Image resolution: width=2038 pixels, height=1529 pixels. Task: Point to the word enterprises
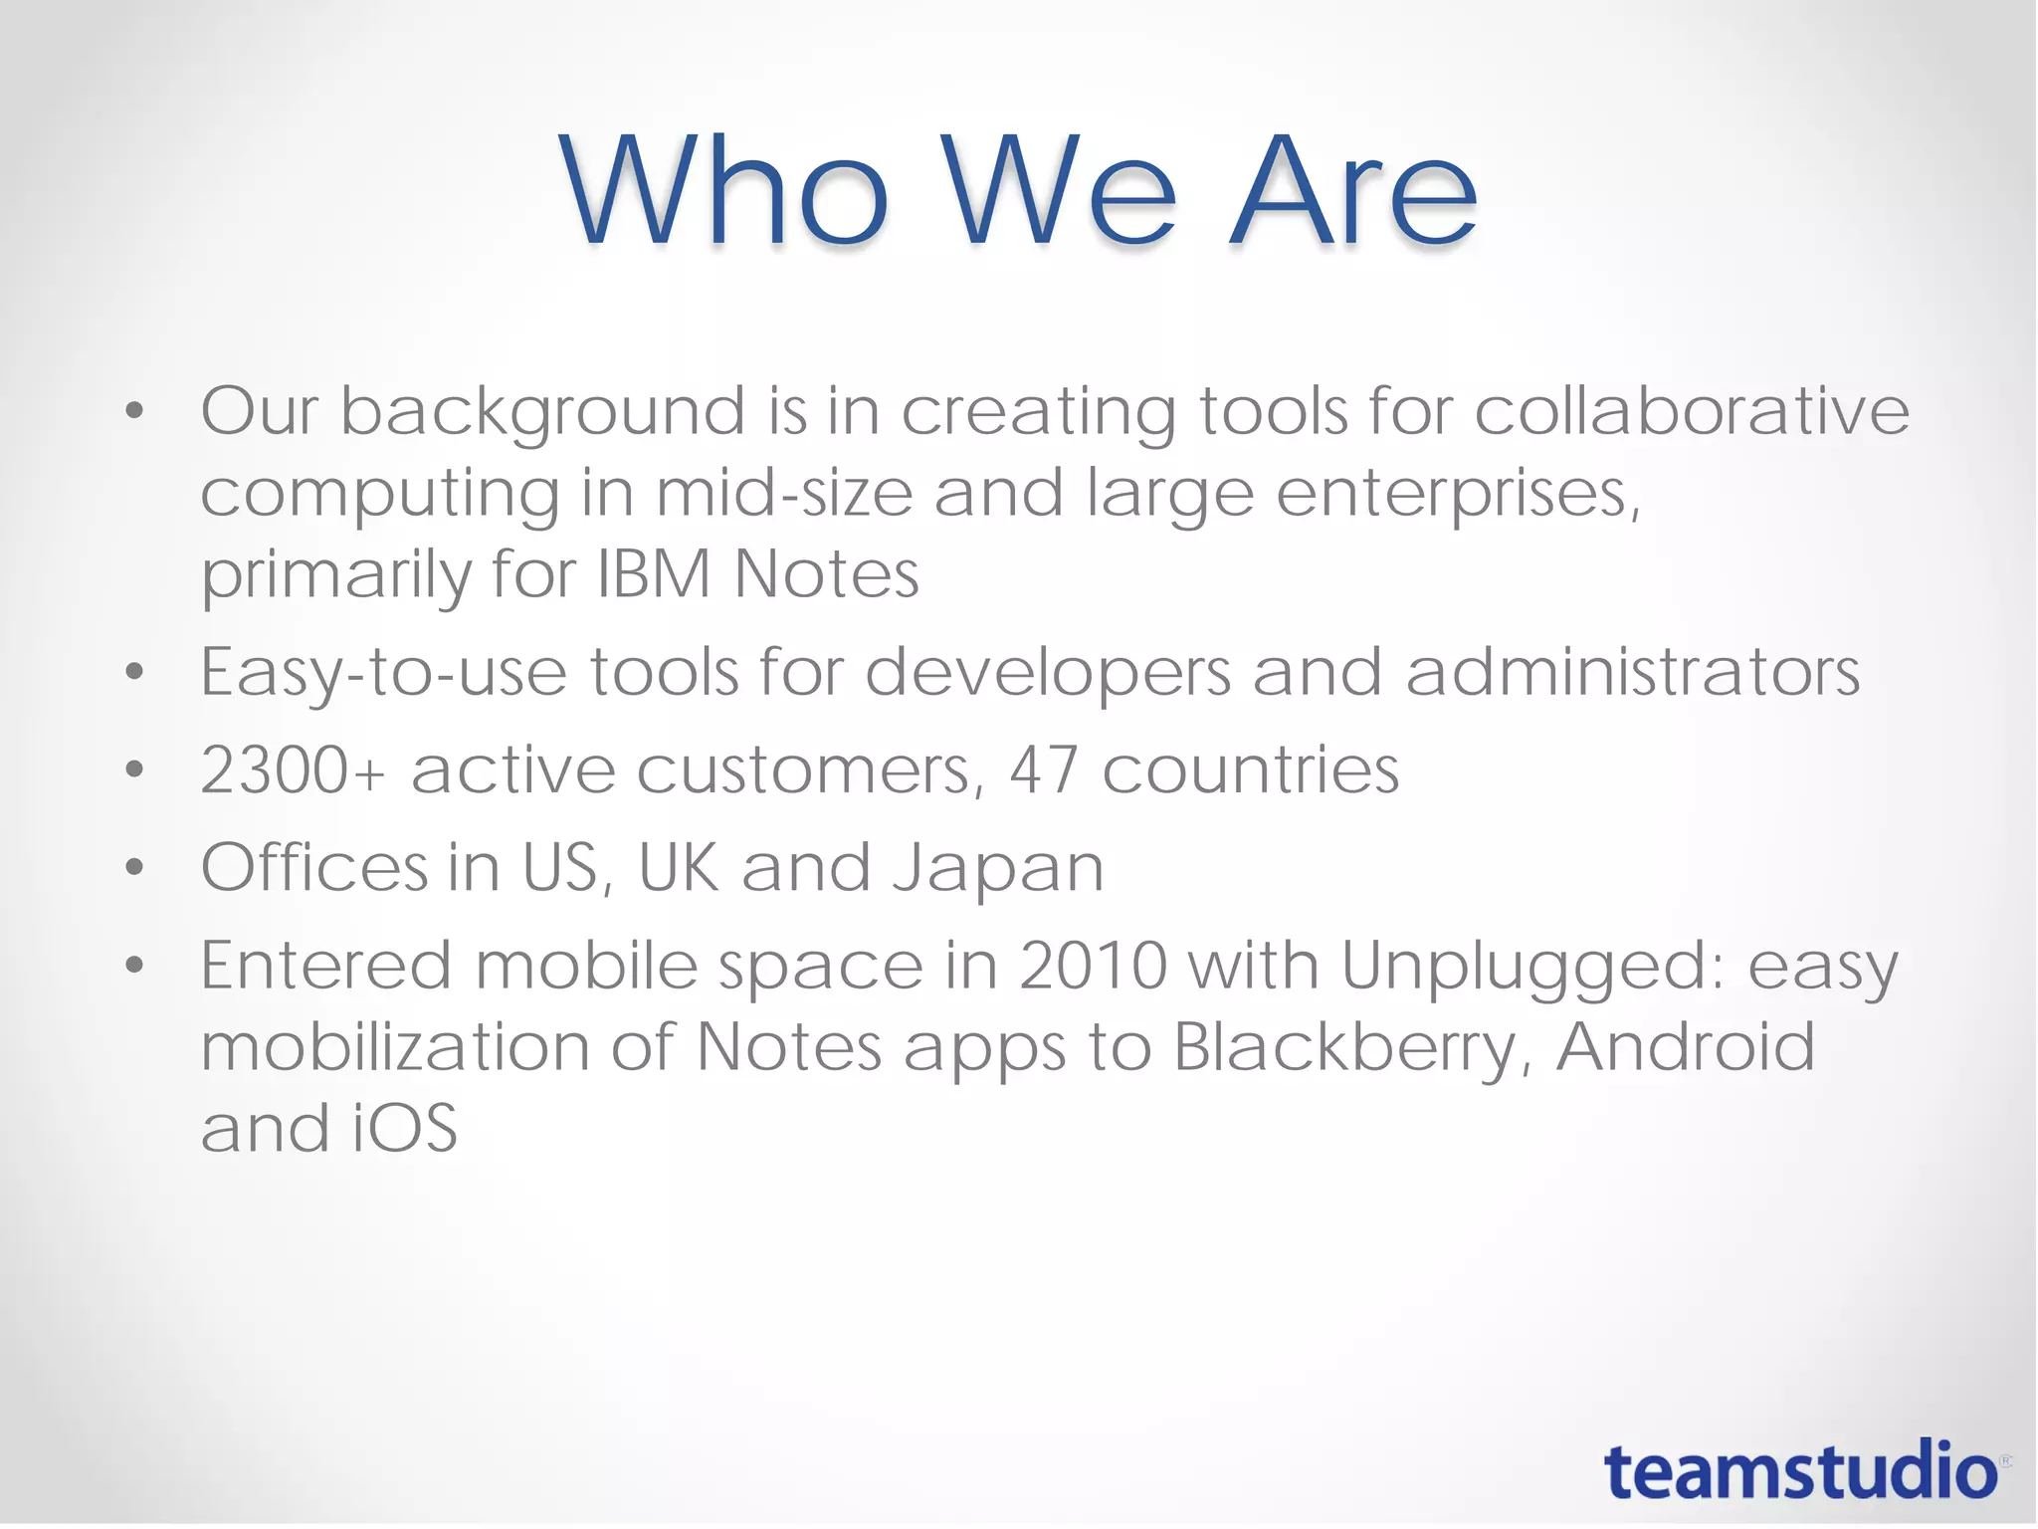pyautogui.click(x=1458, y=494)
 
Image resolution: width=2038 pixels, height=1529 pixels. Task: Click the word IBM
pyautogui.click(x=654, y=574)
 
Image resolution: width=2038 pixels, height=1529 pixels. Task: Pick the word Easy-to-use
pyautogui.click(x=384, y=672)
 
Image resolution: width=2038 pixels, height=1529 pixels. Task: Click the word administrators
pyautogui.click(x=1632, y=672)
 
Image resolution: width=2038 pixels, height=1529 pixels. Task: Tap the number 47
pyautogui.click(x=1044, y=769)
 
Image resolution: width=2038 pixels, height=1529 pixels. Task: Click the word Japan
pyautogui.click(x=998, y=868)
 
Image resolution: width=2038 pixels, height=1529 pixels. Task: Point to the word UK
pyautogui.click(x=678, y=867)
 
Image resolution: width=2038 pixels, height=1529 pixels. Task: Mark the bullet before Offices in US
pyautogui.click(x=135, y=867)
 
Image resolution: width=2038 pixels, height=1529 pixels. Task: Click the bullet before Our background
pyautogui.click(x=135, y=410)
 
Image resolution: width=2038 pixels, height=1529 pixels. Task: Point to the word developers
pyautogui.click(x=1048, y=674)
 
